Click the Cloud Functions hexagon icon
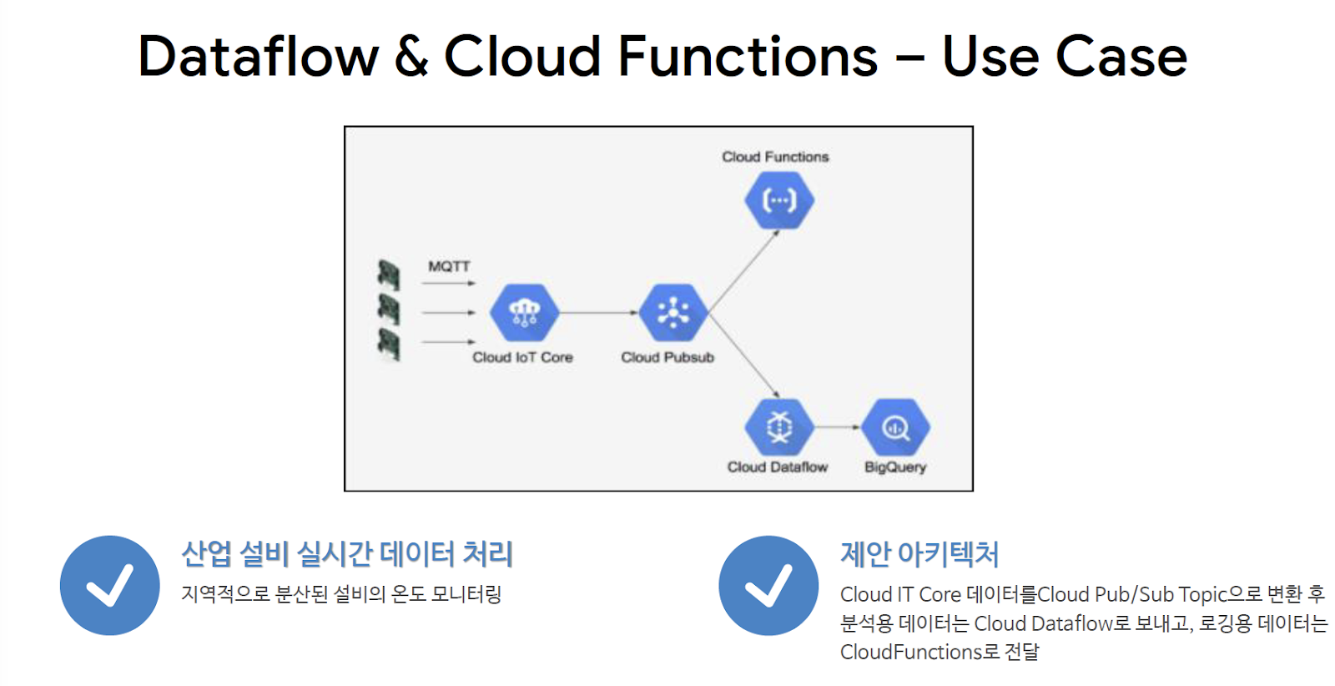click(x=779, y=200)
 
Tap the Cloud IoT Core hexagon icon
click(x=524, y=313)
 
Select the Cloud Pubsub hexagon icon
click(x=673, y=313)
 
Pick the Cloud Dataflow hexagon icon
click(x=779, y=426)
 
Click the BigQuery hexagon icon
click(x=895, y=426)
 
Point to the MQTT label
click(x=449, y=266)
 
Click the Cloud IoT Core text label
click(x=522, y=357)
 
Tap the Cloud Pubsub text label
click(x=667, y=357)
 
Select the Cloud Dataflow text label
click(x=778, y=467)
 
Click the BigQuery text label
click(x=895, y=467)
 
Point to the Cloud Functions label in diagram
click(x=775, y=157)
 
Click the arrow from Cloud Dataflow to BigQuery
click(x=837, y=426)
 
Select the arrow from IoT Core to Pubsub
click(x=598, y=313)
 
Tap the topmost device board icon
click(x=388, y=275)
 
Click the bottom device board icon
click(x=388, y=343)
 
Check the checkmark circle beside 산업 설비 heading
click(x=109, y=585)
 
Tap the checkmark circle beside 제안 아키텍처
click(x=768, y=585)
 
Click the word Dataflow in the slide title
click(x=258, y=57)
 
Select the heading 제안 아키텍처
click(x=919, y=554)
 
